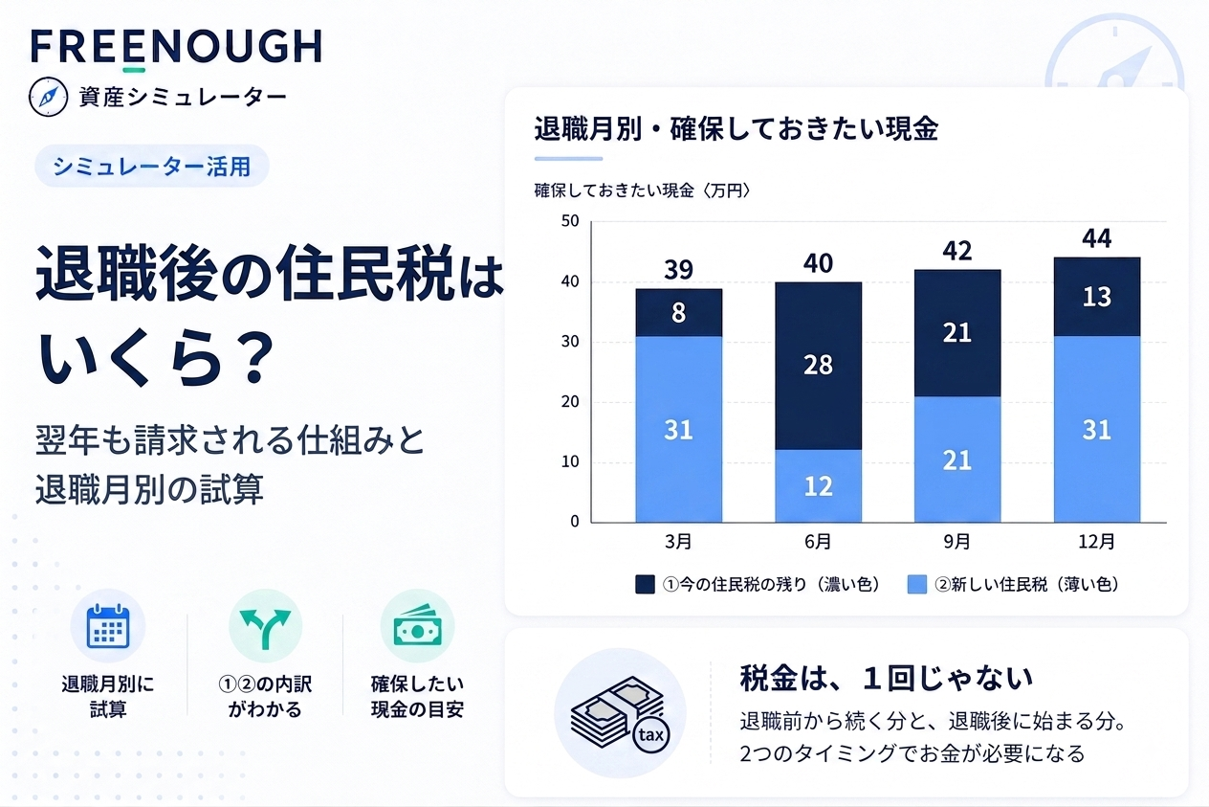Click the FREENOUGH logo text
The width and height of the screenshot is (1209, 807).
click(x=177, y=47)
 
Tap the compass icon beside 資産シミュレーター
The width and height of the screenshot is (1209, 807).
click(x=48, y=98)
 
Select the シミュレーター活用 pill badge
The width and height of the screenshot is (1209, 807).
click(x=152, y=166)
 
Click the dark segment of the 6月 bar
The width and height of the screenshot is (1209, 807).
click(x=818, y=366)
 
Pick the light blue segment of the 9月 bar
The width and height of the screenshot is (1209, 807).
click(x=957, y=460)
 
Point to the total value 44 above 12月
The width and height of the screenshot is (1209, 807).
click(x=1097, y=238)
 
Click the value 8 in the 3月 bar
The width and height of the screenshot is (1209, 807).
click(x=678, y=313)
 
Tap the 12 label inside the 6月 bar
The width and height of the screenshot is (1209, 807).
click(x=818, y=486)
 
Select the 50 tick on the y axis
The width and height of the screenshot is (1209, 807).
click(x=570, y=221)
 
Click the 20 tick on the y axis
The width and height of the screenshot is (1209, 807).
click(x=570, y=401)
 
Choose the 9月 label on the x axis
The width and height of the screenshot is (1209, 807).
click(x=956, y=541)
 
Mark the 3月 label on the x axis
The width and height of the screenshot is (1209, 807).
click(x=678, y=541)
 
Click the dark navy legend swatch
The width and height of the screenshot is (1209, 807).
click(x=645, y=585)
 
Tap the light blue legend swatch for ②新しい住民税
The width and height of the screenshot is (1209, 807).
click(x=917, y=585)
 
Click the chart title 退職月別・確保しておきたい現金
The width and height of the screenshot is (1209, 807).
click(x=736, y=129)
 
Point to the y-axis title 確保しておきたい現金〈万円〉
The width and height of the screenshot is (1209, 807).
click(x=643, y=191)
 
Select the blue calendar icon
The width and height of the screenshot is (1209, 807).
click(x=108, y=626)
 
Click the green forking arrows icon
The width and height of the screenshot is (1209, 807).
click(x=265, y=628)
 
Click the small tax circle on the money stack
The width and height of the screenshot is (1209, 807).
click(x=651, y=735)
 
